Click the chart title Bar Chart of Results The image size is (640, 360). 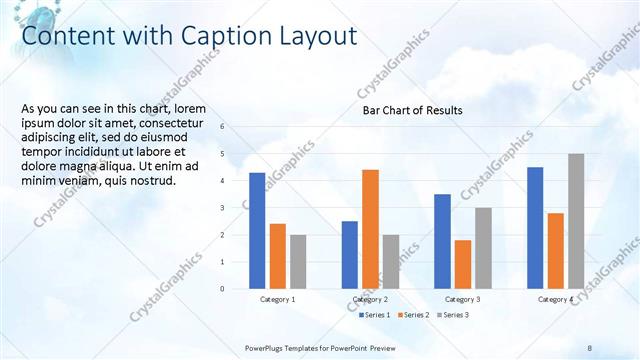click(412, 110)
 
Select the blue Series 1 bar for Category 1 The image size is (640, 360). click(257, 231)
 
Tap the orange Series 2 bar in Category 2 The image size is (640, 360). click(370, 229)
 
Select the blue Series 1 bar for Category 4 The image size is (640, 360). click(535, 227)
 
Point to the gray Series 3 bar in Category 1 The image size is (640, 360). click(298, 261)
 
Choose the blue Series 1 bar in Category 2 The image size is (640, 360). click(349, 254)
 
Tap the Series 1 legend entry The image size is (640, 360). click(376, 315)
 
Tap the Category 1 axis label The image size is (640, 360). click(277, 299)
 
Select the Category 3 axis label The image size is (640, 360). click(462, 299)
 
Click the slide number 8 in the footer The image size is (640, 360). click(590, 347)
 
